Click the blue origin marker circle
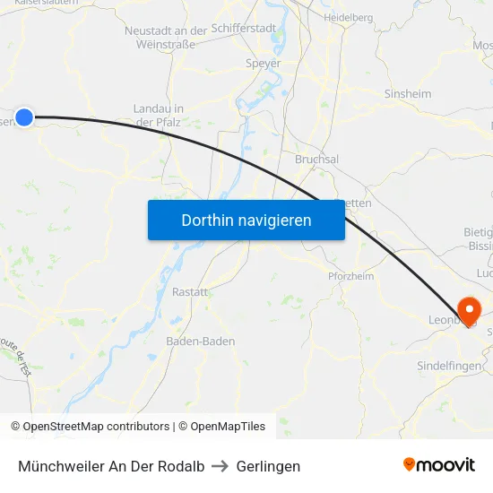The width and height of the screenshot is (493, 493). pyautogui.click(x=24, y=117)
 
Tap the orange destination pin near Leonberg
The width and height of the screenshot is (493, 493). pyautogui.click(x=468, y=310)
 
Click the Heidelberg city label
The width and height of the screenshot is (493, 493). pyautogui.click(x=348, y=17)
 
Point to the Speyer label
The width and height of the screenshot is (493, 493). pyautogui.click(x=263, y=64)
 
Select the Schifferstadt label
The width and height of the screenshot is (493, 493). pyautogui.click(x=244, y=29)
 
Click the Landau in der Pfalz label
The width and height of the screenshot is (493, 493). pyautogui.click(x=159, y=115)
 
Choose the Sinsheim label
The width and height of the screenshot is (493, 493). pyautogui.click(x=408, y=93)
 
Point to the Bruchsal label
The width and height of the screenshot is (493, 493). pyautogui.click(x=316, y=159)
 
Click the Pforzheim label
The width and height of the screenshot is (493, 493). pyautogui.click(x=350, y=276)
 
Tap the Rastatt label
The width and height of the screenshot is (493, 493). pyautogui.click(x=190, y=292)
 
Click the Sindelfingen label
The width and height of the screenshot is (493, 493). pyautogui.click(x=449, y=366)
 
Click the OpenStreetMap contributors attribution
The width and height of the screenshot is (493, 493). pyautogui.click(x=90, y=427)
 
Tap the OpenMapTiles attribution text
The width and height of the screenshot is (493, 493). pyautogui.click(x=222, y=427)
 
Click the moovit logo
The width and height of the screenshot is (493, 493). pyautogui.click(x=438, y=464)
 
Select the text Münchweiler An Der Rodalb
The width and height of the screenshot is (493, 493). pyautogui.click(x=111, y=466)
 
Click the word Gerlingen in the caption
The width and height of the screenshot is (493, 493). pyautogui.click(x=268, y=466)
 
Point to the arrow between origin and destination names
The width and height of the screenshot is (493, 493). pyautogui.click(x=221, y=466)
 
